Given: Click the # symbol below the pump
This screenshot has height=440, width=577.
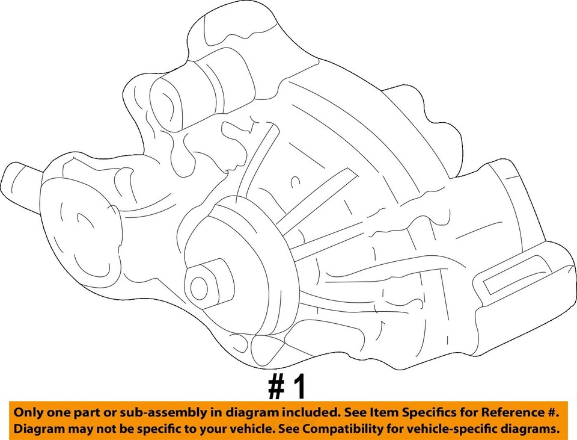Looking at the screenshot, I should [276, 388].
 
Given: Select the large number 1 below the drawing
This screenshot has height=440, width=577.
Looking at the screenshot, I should [299, 388].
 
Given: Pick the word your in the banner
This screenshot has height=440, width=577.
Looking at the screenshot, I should [213, 429].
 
